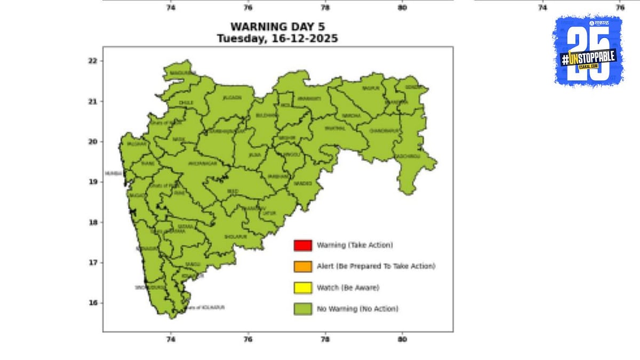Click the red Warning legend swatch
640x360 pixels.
[x=302, y=245]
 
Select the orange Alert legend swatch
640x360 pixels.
[x=302, y=266]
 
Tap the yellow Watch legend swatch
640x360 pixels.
[x=302, y=287]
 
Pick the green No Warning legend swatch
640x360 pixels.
[x=302, y=309]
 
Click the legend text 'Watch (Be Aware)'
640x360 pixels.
[x=348, y=287]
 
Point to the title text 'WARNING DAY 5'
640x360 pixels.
[x=277, y=27]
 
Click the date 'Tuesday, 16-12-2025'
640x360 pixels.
[x=277, y=39]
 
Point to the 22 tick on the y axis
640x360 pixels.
[x=92, y=61]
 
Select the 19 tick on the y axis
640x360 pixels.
[x=92, y=182]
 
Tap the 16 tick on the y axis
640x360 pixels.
[x=92, y=303]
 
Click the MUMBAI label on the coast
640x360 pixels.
[x=113, y=174]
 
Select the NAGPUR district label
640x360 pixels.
[x=370, y=88]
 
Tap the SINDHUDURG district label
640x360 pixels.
[x=144, y=287]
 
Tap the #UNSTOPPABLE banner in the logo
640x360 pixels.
[x=588, y=58]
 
